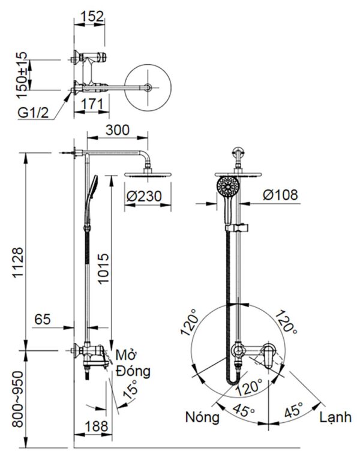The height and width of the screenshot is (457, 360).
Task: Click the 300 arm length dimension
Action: point(118,130)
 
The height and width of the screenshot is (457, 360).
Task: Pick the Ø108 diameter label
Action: point(280,195)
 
